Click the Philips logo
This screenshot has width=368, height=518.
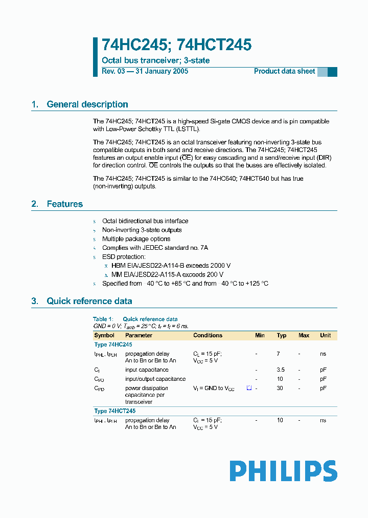click(x=283, y=470)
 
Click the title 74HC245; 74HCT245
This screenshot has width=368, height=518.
click(x=176, y=45)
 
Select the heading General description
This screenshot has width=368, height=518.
click(x=87, y=104)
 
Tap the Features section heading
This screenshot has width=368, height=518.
click(x=64, y=204)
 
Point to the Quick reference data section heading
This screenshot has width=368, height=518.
click(x=89, y=301)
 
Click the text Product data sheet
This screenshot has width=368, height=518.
click(x=284, y=71)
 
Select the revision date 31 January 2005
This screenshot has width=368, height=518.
click(x=161, y=71)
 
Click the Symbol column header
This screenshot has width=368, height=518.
click(x=104, y=335)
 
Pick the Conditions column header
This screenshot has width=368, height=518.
click(x=208, y=335)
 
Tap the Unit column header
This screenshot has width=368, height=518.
click(x=325, y=335)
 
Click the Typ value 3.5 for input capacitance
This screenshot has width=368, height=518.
click(x=281, y=370)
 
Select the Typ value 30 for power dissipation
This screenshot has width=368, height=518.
click(x=280, y=389)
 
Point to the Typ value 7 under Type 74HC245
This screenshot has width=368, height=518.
click(x=279, y=354)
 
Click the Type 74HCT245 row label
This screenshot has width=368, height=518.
click(x=115, y=411)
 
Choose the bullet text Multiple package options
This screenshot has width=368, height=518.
click(x=136, y=239)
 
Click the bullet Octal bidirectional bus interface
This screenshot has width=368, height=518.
click(x=145, y=221)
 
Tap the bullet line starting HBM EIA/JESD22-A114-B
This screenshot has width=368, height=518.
click(x=171, y=266)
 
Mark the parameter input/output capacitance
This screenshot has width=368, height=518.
click(x=155, y=379)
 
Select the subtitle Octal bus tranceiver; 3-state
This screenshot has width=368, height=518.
click(x=156, y=60)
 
